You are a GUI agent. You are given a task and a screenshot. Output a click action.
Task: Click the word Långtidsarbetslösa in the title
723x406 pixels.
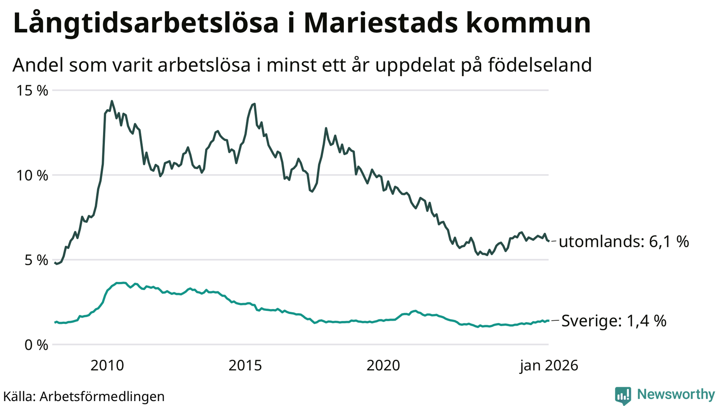146,23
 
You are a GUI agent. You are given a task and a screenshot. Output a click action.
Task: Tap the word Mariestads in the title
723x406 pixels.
378,23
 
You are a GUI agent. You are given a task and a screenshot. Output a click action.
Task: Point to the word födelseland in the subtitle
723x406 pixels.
540,65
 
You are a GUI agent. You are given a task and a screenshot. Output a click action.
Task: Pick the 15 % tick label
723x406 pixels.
32,90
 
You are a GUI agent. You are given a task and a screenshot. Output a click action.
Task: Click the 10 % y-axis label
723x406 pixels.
32,175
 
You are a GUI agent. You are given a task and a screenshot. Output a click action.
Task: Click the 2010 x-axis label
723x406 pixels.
107,365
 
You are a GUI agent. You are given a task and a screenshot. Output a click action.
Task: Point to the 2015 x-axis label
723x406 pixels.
245,365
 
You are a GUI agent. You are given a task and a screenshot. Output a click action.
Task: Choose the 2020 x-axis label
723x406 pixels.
383,365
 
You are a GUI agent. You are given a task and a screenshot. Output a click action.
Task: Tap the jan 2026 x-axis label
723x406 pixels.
549,365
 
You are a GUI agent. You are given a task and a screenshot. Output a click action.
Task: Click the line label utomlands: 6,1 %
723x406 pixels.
624,242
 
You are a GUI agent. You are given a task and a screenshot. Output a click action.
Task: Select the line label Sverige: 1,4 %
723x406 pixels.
614,321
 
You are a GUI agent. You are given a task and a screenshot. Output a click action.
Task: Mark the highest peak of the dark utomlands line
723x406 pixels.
112,101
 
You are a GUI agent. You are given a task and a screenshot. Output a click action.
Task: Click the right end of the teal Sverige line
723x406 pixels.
548,321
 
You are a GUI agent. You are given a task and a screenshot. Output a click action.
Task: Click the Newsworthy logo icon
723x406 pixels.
623,396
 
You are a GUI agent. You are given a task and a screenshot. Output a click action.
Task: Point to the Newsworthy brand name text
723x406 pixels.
676,395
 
